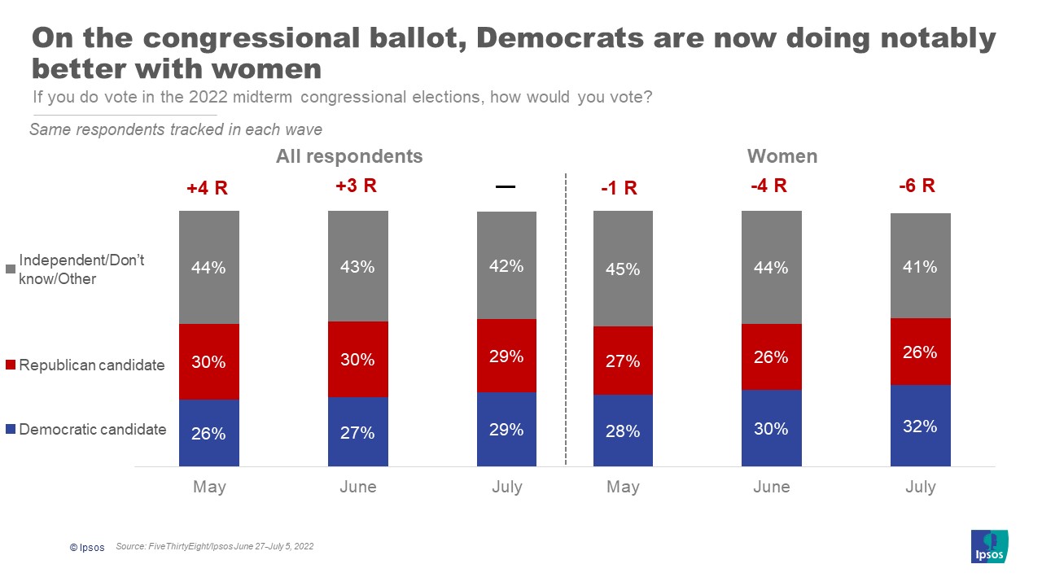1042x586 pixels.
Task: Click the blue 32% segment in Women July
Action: pyautogui.click(x=920, y=426)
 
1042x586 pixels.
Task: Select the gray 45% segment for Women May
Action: pyautogui.click(x=623, y=269)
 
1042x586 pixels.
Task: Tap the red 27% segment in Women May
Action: pyautogui.click(x=623, y=361)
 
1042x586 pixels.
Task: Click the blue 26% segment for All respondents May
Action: pyautogui.click(x=209, y=433)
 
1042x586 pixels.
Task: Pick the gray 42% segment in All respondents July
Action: pyautogui.click(x=506, y=265)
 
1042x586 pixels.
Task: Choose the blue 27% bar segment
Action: pyautogui.click(x=358, y=432)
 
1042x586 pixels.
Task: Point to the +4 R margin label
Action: pyautogui.click(x=207, y=189)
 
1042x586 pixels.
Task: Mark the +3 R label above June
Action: pyautogui.click(x=357, y=186)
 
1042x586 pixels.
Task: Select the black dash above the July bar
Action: pyautogui.click(x=506, y=186)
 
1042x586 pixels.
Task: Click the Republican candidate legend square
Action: pyautogui.click(x=11, y=365)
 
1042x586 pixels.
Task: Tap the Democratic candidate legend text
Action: pyautogui.click(x=93, y=430)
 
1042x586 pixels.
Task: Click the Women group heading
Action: pyautogui.click(x=781, y=155)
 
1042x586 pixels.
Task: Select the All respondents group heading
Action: pyautogui.click(x=349, y=155)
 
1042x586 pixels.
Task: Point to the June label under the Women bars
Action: pyautogui.click(x=771, y=487)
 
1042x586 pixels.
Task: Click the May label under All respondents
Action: pyautogui.click(x=209, y=487)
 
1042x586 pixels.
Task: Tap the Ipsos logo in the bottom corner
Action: pyautogui.click(x=990, y=546)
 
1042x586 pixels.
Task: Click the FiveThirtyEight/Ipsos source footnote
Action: pyautogui.click(x=215, y=547)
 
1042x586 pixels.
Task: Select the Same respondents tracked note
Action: pyautogui.click(x=176, y=129)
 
